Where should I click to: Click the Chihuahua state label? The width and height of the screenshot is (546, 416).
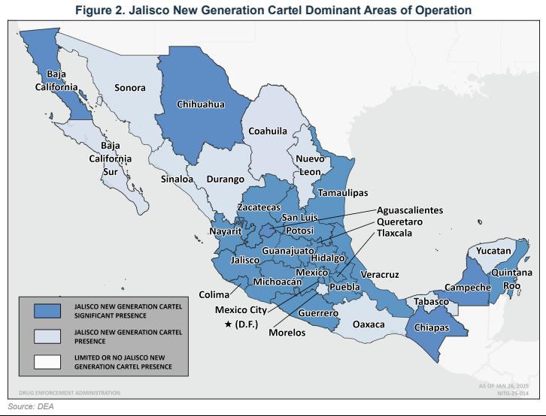(200, 104)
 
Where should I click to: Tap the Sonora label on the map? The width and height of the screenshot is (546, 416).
(129, 88)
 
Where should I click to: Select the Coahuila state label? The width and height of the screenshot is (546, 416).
(268, 131)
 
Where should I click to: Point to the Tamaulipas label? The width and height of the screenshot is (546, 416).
(343, 192)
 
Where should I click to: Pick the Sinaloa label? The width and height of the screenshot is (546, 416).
(177, 179)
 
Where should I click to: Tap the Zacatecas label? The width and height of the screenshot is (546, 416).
(259, 206)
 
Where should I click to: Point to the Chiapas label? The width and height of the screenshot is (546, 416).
(432, 328)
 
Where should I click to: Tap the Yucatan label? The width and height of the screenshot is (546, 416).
(493, 251)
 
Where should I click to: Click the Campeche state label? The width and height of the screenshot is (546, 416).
(468, 287)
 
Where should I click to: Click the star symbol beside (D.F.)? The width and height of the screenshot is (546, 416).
(229, 324)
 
